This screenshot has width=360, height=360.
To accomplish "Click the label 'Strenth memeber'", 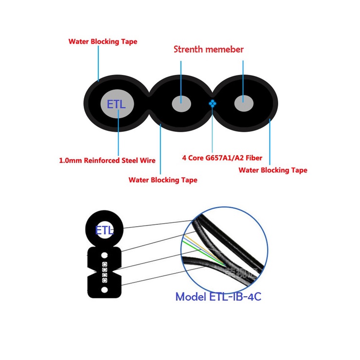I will [x=209, y=50].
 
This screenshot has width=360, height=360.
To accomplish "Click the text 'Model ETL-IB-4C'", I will [x=218, y=296].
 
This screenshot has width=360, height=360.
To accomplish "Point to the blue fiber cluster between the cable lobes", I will [x=212, y=103].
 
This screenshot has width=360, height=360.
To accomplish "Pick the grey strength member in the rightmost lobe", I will [x=242, y=103].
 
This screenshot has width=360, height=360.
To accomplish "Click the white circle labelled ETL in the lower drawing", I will [x=104, y=230].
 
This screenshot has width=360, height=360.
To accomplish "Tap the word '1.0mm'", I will [x=70, y=160].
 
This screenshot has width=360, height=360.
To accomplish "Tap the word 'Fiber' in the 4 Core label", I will [x=253, y=157].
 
